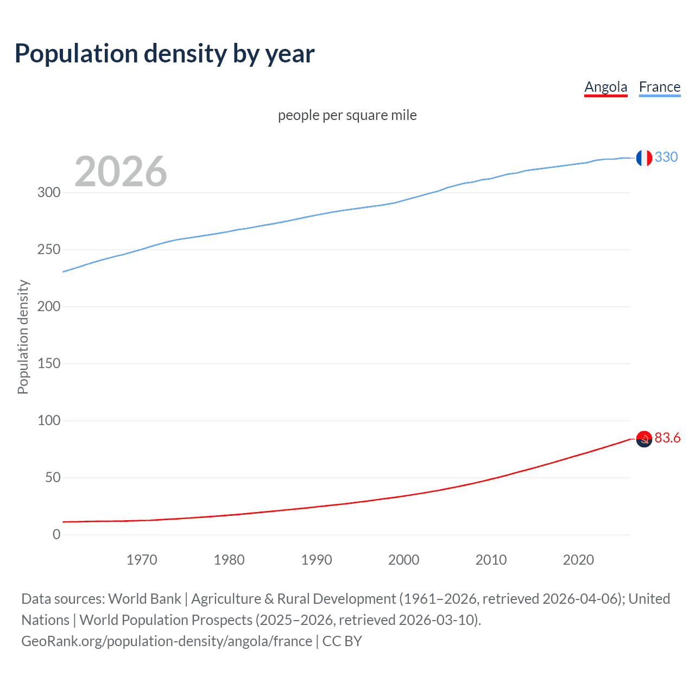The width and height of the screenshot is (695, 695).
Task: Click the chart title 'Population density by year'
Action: click(165, 54)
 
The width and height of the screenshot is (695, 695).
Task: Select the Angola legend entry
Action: click(605, 87)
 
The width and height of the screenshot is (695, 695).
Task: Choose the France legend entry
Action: click(659, 87)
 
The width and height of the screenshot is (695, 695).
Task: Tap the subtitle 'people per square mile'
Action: click(347, 115)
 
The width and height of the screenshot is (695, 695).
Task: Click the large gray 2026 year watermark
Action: click(121, 172)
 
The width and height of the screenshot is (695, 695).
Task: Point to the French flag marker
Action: click(643, 157)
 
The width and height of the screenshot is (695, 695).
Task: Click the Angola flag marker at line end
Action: click(643, 439)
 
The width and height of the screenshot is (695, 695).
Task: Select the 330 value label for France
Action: click(666, 157)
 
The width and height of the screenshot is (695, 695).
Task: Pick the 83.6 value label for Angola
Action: click(667, 438)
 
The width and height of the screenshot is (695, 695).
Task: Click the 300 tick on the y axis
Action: click(49, 192)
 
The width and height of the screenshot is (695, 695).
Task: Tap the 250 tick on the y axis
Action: click(49, 249)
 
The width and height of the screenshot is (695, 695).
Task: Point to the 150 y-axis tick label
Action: click(49, 363)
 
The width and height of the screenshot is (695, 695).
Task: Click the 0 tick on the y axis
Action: click(56, 534)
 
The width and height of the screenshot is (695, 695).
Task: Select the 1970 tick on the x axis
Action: click(142, 560)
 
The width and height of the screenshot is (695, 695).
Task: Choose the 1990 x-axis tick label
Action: click(317, 560)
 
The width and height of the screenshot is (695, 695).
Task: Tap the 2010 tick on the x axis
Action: click(491, 560)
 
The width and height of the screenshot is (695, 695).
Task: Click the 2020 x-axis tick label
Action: click(578, 560)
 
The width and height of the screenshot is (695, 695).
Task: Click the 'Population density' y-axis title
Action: click(23, 337)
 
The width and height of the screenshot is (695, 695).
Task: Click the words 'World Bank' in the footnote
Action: click(144, 599)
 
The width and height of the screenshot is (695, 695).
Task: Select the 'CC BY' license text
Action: click(342, 641)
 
